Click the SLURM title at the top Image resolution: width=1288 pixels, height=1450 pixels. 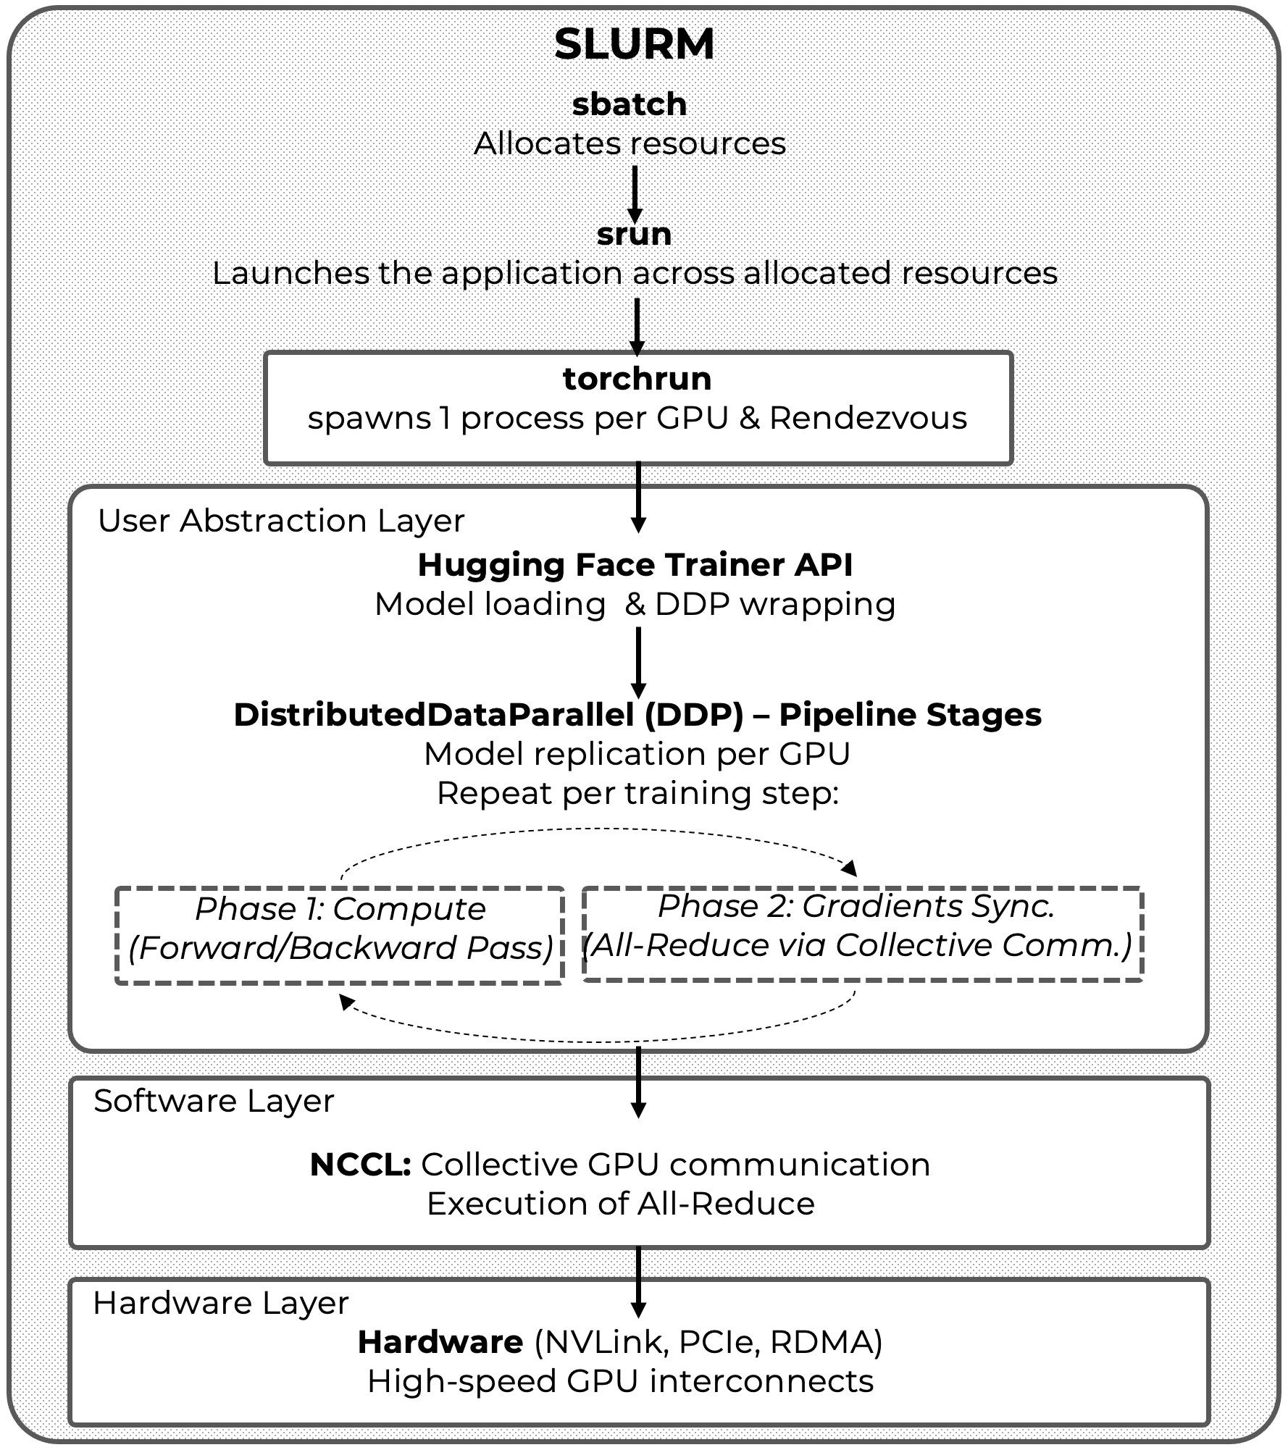tap(634, 44)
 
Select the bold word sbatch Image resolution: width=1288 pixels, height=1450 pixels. tap(629, 104)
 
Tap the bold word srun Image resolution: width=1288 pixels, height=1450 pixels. tap(634, 234)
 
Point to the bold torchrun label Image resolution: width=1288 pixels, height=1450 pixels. tap(637, 379)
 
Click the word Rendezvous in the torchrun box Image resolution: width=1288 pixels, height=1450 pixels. tap(868, 418)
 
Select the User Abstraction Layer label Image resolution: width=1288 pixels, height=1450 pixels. tap(281, 521)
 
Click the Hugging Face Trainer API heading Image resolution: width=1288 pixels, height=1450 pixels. tap(635, 565)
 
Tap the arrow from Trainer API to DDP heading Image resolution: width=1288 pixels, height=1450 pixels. tap(638, 661)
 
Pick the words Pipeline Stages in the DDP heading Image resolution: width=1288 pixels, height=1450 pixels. tap(910, 715)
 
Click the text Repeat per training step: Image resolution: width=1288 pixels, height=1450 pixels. tap(637, 793)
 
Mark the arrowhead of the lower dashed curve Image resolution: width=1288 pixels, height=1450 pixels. tap(347, 1002)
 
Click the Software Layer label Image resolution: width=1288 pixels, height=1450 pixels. tap(214, 1101)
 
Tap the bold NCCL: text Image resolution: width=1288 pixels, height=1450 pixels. tap(360, 1165)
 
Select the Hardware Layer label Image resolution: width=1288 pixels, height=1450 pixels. tap(221, 1303)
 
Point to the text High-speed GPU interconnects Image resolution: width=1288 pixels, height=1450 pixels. tap(620, 1381)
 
